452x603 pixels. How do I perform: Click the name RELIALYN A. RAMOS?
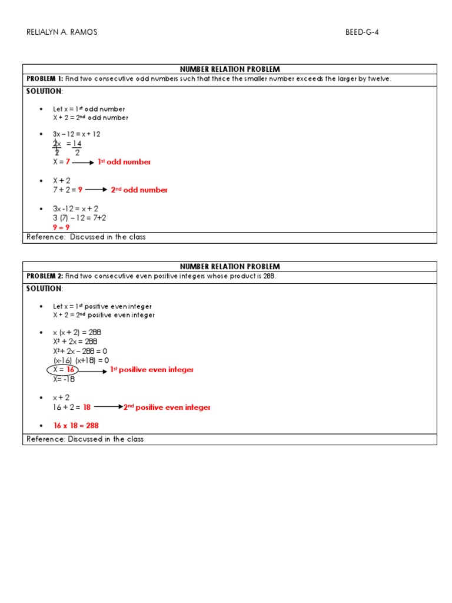(62, 32)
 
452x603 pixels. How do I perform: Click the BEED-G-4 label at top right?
(362, 32)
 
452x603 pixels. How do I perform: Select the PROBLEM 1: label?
(45, 79)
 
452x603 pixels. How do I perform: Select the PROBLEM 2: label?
(45, 276)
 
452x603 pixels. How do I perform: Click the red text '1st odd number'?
(124, 162)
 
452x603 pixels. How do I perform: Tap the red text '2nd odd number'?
(139, 190)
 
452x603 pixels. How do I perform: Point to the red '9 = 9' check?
(61, 227)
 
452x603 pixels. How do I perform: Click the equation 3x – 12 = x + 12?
(77, 134)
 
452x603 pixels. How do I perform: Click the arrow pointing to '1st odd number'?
(83, 163)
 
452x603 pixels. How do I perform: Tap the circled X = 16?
(62, 370)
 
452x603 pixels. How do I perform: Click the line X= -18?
(64, 379)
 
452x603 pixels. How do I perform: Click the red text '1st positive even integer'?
(152, 370)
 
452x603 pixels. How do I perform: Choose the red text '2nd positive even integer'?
(167, 407)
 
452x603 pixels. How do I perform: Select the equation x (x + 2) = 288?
(77, 332)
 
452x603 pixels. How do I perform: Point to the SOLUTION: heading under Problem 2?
(44, 289)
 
